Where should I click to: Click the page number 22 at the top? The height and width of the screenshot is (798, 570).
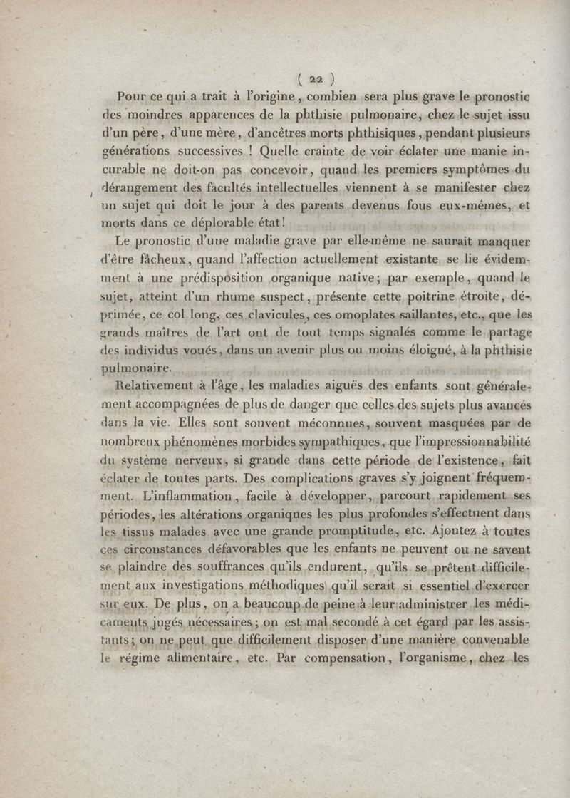coord(313,79)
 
